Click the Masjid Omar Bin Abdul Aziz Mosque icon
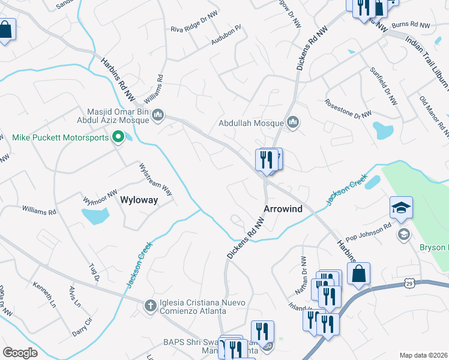pyautogui.click(x=158, y=115)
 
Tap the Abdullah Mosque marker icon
pyautogui.click(x=293, y=123)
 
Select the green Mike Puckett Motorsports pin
pyautogui.click(x=119, y=137)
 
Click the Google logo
pyautogui.click(x=20, y=353)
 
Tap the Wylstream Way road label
pyautogui.click(x=155, y=179)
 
